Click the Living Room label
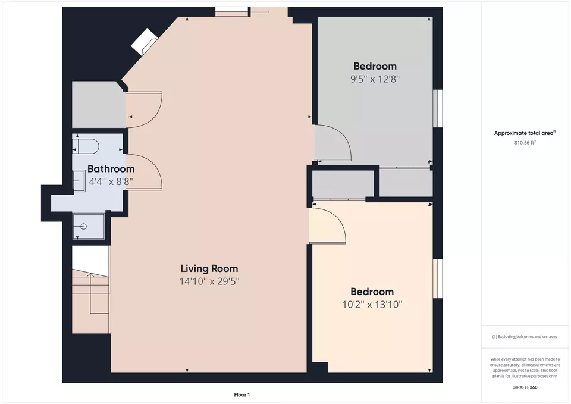209,268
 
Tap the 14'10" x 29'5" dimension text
209,281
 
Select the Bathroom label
111,168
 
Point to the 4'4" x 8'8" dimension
111,181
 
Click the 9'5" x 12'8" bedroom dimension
375,79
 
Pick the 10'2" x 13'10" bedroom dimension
372,304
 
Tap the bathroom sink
79,181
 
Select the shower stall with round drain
89,226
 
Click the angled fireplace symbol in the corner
144,42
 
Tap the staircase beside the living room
91,290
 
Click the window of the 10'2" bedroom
438,278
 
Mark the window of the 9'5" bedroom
438,108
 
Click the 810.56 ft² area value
525,142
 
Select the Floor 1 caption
242,394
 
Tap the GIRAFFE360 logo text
525,387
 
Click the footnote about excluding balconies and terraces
525,337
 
